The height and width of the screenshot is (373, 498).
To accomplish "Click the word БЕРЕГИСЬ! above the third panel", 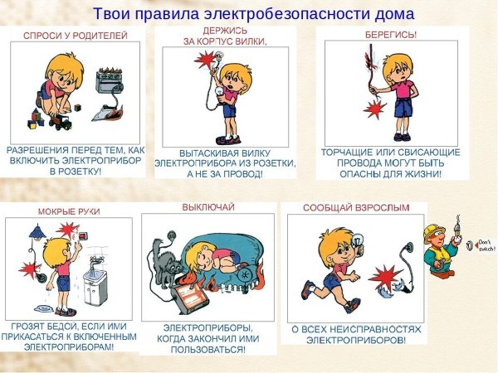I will point(391,36).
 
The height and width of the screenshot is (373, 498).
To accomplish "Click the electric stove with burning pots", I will point(110,83).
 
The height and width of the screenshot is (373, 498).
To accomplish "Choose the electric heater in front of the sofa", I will point(190,295).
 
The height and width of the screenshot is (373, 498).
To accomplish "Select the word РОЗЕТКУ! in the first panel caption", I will point(76,172).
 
